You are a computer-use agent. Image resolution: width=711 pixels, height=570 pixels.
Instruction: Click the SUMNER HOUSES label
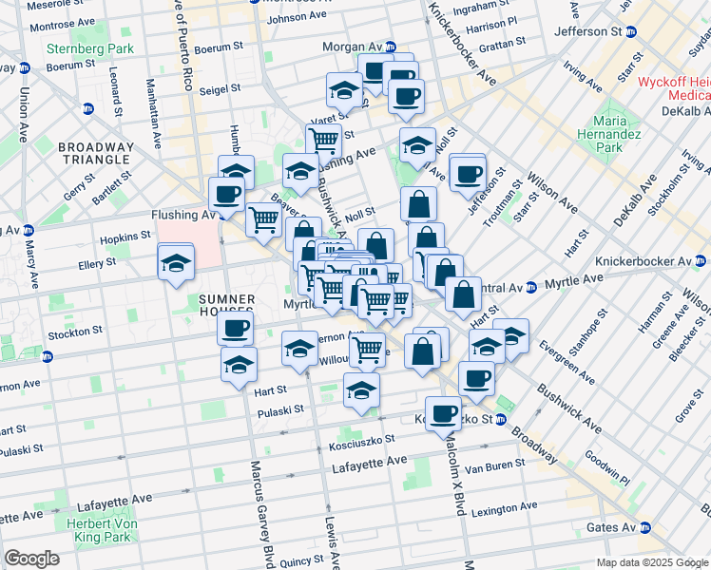[x=226, y=305]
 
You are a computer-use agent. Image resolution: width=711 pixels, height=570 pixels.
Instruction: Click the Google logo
[x=31, y=559]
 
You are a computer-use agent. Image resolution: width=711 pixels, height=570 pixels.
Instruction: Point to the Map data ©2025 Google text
[x=651, y=563]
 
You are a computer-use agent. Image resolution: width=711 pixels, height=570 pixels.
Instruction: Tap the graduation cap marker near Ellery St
[x=176, y=264]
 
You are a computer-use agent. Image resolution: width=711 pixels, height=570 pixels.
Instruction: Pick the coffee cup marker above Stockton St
[x=235, y=329]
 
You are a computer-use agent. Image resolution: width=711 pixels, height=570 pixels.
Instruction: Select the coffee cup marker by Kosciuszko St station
[x=442, y=412]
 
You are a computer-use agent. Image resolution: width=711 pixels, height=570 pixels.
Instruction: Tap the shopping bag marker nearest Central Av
[x=463, y=294]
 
